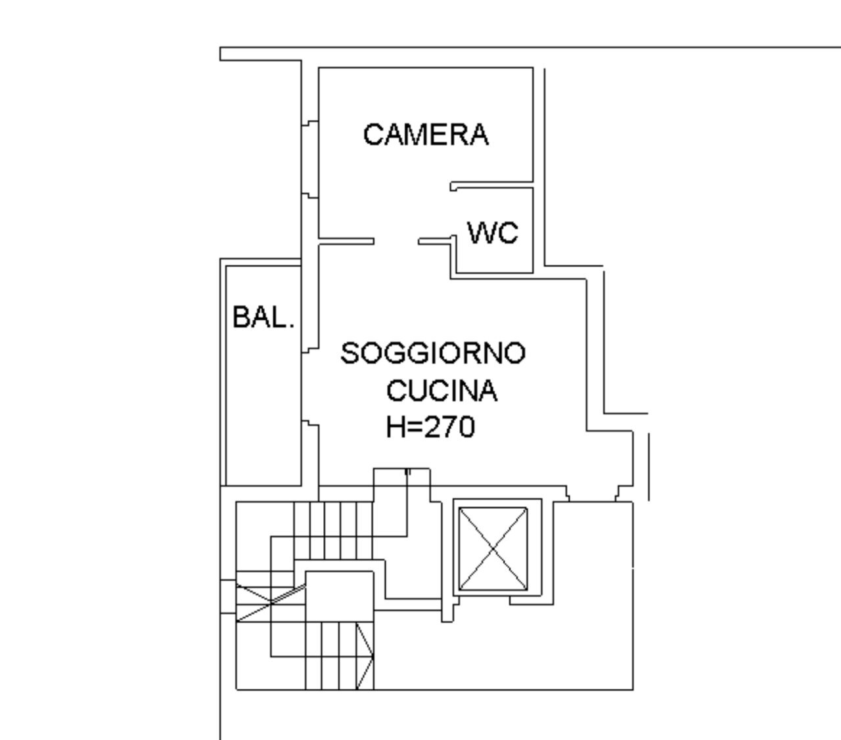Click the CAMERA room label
[426, 135]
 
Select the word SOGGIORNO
[434, 353]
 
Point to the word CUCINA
[442, 391]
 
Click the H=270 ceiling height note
[430, 427]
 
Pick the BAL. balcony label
[263, 318]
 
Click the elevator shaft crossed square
[493, 549]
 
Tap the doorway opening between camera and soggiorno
[396, 242]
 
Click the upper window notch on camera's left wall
[309, 123]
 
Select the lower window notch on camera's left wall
[309, 195]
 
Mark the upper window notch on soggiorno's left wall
[309, 350]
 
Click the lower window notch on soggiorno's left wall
[309, 424]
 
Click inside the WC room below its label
[493, 259]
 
